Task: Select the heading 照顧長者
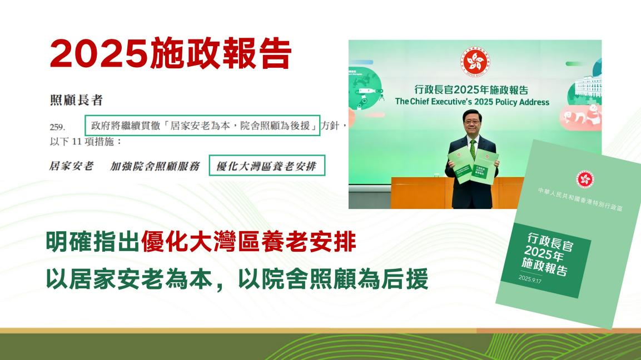coord(76,101)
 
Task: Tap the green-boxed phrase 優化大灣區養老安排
coord(267,166)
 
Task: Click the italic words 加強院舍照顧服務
coord(155,166)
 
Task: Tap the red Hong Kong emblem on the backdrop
coord(474,61)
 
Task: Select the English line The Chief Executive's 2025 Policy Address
coord(471,102)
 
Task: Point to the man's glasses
coord(471,120)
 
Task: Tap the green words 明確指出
coord(92,243)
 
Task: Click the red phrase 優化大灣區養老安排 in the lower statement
coord(248,243)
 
